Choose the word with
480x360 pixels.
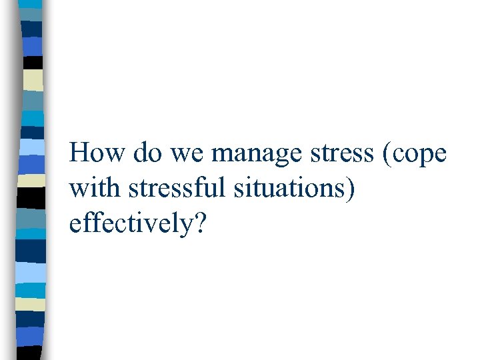(93, 189)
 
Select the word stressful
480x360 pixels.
(171, 189)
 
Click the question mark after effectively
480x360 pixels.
(201, 225)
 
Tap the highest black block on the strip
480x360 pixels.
(33, 61)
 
